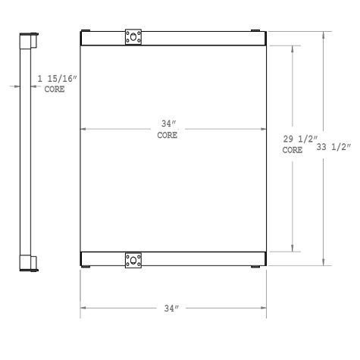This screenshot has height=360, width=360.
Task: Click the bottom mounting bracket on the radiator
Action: tap(133, 260)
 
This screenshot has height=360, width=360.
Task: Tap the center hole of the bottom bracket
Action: tap(133, 260)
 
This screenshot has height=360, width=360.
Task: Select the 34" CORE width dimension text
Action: tap(167, 130)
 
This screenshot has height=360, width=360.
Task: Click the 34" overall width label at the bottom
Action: tap(171, 308)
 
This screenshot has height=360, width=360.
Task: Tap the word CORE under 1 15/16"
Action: tap(55, 89)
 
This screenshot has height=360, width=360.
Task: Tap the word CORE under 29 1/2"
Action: tap(292, 150)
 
